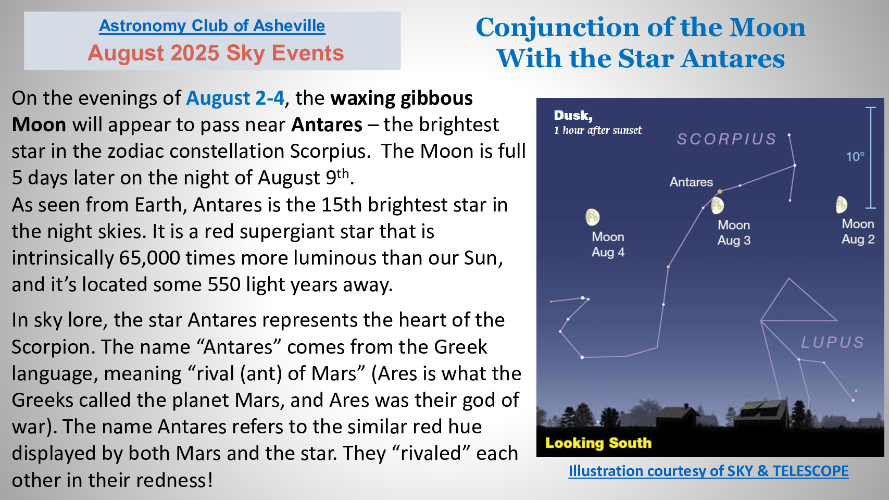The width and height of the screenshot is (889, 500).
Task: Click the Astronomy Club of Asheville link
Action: (212, 26)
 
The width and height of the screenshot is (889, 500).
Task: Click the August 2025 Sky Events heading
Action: (216, 53)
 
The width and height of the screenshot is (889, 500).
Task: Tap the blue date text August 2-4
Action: (235, 98)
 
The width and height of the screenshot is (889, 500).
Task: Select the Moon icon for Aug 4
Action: (593, 217)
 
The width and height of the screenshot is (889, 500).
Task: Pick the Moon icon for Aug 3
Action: (717, 206)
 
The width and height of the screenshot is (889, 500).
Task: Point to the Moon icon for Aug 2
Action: (842, 205)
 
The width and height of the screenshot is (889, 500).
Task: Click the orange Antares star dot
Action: (720, 191)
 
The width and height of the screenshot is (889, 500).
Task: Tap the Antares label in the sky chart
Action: (691, 182)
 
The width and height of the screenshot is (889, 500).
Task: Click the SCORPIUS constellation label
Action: (727, 139)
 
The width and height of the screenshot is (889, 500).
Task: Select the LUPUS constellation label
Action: (833, 342)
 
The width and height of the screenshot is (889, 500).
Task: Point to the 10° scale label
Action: (855, 157)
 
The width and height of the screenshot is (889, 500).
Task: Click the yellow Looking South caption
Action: (598, 443)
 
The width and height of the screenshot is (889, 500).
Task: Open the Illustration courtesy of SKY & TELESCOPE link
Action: (708, 471)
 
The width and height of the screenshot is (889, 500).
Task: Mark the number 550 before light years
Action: (224, 284)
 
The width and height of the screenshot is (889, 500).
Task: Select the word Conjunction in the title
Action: (558, 28)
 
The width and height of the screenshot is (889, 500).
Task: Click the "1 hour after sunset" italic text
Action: (598, 130)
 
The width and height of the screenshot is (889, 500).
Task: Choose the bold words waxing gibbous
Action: (402, 98)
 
